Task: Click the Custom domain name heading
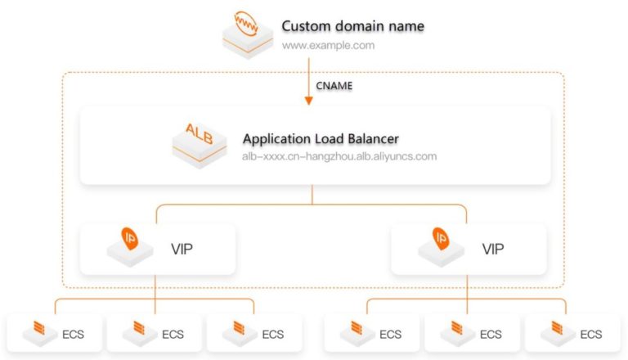[353, 26]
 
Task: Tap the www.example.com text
[328, 46]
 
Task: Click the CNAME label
[334, 85]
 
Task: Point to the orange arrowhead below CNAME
[309, 101]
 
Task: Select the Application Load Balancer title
[321, 138]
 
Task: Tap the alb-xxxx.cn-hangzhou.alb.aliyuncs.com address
[339, 156]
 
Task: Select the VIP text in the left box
[182, 248]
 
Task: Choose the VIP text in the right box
[494, 248]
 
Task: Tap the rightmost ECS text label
[591, 334]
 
